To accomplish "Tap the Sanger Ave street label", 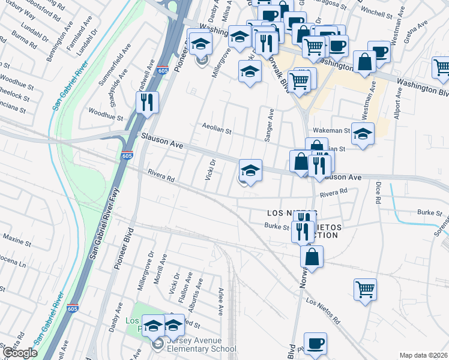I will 270,125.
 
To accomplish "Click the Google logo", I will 20,353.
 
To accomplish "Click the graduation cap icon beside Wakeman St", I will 363,134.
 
